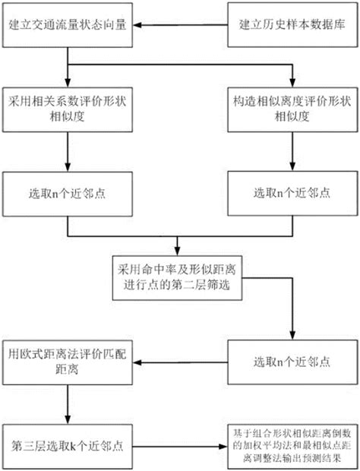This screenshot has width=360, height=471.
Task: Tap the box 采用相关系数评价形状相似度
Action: click(68, 109)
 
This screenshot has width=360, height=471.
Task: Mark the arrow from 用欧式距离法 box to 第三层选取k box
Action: click(68, 403)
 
